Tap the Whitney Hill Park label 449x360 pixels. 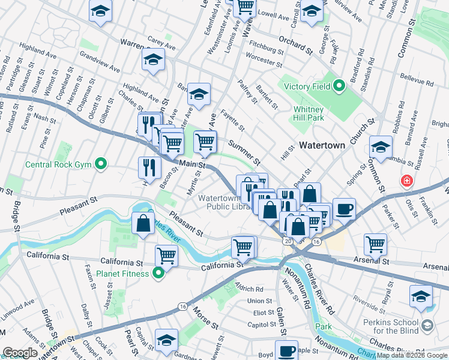click(x=309, y=113)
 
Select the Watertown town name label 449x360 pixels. click(x=322, y=145)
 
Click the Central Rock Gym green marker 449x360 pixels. click(x=100, y=163)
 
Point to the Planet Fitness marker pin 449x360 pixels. click(x=158, y=274)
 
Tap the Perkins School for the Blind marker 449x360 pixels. click(x=427, y=325)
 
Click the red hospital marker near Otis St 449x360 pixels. click(x=408, y=181)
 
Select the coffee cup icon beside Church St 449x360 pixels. click(x=344, y=209)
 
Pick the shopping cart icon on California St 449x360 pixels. click(x=166, y=255)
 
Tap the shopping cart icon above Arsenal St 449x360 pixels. click(x=375, y=244)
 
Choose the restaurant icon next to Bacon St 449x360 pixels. click(x=149, y=167)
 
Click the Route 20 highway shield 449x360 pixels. click(x=288, y=241)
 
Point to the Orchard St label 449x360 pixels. click(x=296, y=46)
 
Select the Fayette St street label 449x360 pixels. click(x=232, y=120)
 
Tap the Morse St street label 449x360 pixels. click(x=205, y=318)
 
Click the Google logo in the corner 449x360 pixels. click(x=20, y=353)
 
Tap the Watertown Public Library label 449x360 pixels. click(x=223, y=202)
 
